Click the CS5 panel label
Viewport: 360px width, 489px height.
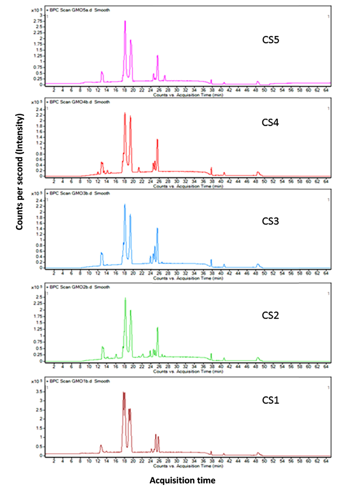271,39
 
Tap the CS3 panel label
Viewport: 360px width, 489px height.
271,221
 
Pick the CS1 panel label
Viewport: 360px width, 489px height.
271,400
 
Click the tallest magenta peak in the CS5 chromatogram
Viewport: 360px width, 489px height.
125,21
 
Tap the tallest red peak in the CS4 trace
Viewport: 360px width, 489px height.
125,113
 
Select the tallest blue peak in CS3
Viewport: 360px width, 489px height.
125,205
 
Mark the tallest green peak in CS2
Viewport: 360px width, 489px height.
125,299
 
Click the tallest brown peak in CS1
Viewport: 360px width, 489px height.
124,393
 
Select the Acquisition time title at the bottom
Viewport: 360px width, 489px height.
182,480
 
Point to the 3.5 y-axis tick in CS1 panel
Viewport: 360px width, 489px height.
39,391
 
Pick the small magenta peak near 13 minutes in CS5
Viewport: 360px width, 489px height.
102,72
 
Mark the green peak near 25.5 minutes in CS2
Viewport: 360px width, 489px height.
157,328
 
